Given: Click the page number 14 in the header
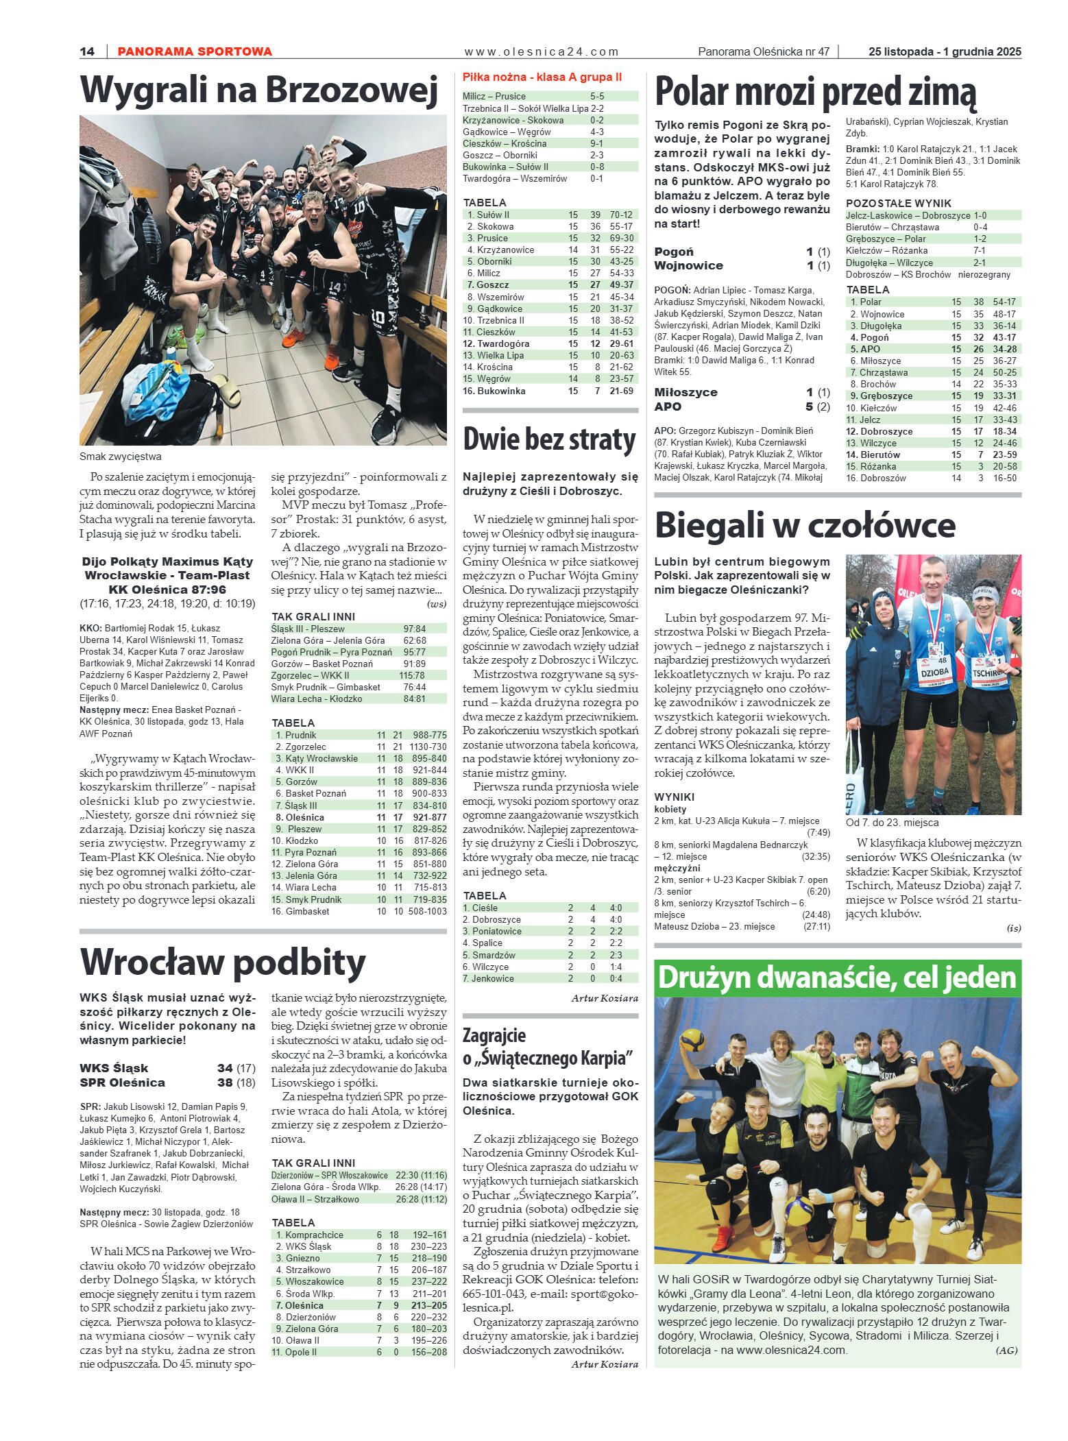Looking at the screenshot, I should click(87, 51).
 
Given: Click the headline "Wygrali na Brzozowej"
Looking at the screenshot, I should click(259, 90).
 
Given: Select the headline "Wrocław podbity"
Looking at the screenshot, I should click(223, 962).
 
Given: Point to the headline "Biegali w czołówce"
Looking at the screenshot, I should click(805, 525).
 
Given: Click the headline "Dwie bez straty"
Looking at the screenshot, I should click(549, 439).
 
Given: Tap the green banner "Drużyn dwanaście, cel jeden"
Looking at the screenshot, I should click(837, 978).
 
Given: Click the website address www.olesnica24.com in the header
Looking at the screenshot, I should click(541, 51).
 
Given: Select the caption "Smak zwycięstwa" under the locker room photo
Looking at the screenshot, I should click(121, 457).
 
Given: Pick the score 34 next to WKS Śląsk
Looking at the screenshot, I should click(225, 1068).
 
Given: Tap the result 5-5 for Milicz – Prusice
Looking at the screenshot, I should click(597, 97).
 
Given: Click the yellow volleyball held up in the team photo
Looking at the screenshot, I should click(692, 1040).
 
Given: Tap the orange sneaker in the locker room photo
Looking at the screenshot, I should click(293, 337).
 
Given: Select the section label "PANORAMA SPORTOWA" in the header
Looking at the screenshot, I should click(195, 51).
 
